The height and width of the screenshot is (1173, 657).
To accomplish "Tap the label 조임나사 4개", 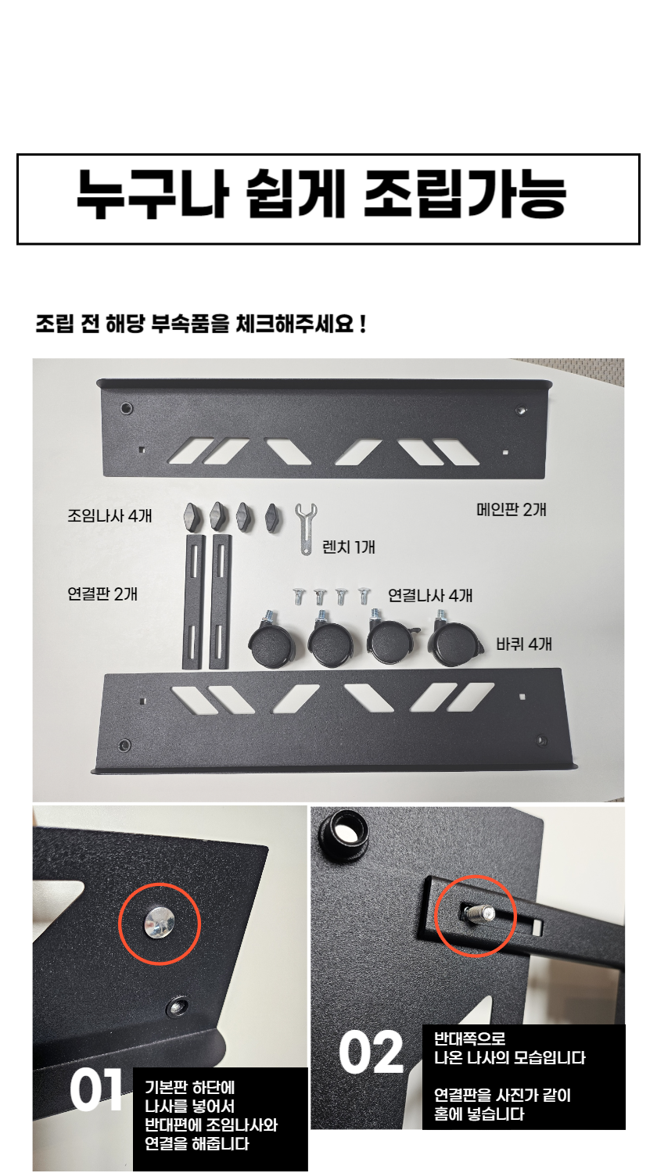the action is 109,516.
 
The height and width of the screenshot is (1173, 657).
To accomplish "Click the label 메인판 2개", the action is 511,510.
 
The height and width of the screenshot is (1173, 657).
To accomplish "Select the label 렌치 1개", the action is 348,547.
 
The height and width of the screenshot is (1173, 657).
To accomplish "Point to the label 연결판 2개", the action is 102,594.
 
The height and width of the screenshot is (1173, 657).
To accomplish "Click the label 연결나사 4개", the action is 430,595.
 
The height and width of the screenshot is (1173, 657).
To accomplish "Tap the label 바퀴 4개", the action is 524,644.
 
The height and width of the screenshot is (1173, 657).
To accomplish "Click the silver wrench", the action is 304,528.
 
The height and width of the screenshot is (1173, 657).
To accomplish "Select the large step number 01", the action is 96,1090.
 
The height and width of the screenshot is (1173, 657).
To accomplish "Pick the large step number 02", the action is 371,1053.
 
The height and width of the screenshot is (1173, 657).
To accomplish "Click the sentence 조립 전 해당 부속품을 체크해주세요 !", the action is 201,325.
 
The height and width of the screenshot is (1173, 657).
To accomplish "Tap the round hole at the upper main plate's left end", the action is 126,408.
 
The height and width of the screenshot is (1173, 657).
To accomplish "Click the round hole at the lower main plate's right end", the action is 542,741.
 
